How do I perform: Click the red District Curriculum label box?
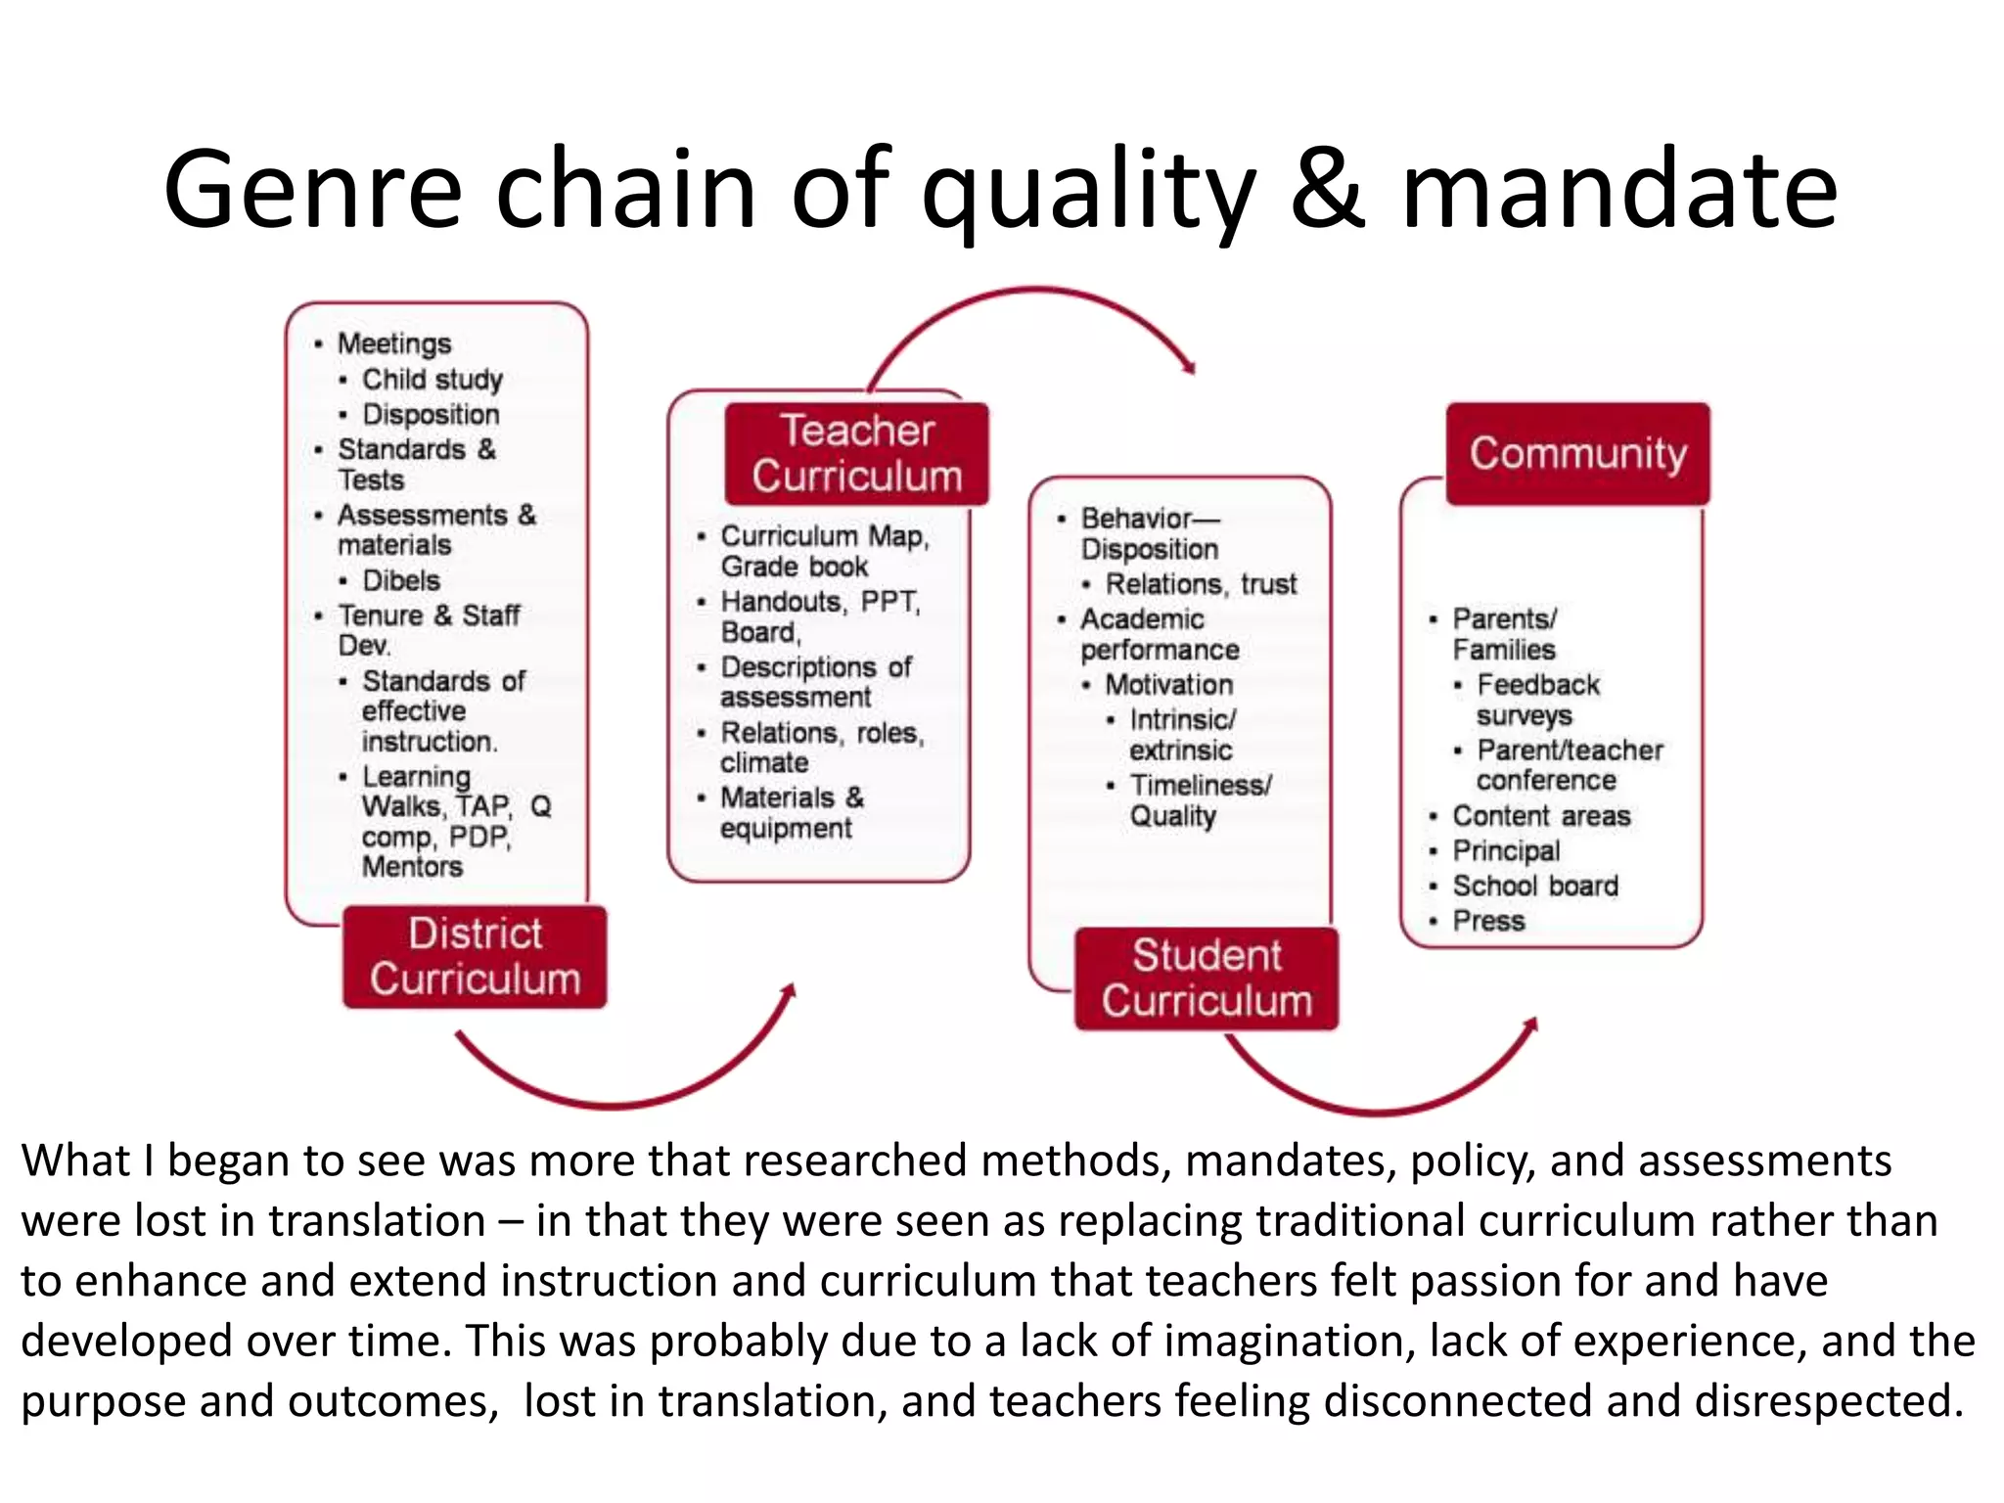click(475, 956)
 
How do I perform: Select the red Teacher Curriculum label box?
click(856, 453)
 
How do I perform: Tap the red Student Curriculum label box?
click(1206, 978)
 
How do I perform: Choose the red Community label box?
click(1577, 453)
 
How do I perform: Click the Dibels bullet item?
click(401, 580)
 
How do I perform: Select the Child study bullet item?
click(432, 379)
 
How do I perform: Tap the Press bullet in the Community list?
click(1488, 921)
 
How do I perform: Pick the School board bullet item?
click(1534, 886)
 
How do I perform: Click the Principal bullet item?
click(1506, 850)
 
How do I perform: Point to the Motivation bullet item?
click(1168, 684)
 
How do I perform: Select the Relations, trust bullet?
click(1201, 583)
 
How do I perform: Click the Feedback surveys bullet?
click(1536, 699)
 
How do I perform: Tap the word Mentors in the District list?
click(412, 866)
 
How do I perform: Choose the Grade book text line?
click(794, 566)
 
